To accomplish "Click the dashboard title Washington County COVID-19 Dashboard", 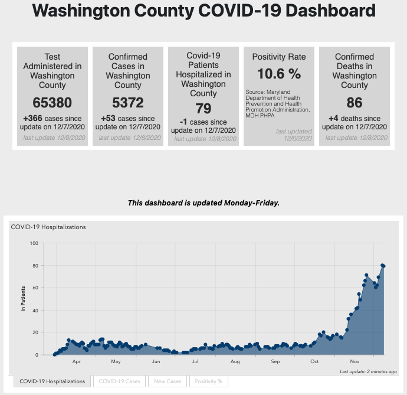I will (x=203, y=11).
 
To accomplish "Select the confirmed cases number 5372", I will (x=127, y=103).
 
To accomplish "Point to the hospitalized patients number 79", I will (x=203, y=109).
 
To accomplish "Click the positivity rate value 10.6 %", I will (x=279, y=74).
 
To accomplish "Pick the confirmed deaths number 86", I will (x=355, y=103).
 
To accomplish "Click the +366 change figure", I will (x=33, y=118).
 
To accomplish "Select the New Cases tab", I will (x=168, y=381).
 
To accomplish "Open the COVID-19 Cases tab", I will (x=120, y=381).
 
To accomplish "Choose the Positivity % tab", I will (x=208, y=381).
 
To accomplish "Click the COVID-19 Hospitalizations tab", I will (x=52, y=381).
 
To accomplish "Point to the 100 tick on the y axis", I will (x=34, y=243).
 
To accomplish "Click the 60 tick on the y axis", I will (x=35, y=288).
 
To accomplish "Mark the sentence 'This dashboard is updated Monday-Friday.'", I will (x=203, y=203).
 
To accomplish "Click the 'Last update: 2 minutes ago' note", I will (x=368, y=372).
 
